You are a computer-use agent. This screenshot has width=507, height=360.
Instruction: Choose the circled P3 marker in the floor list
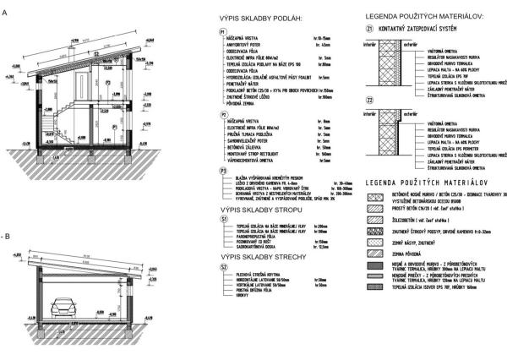[x=221, y=172]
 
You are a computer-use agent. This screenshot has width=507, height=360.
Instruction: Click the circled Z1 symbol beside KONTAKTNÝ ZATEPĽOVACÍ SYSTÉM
[x=369, y=27]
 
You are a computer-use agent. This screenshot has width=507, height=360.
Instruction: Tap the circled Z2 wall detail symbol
[x=369, y=100]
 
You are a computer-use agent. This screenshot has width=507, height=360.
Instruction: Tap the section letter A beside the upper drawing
[x=5, y=13]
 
